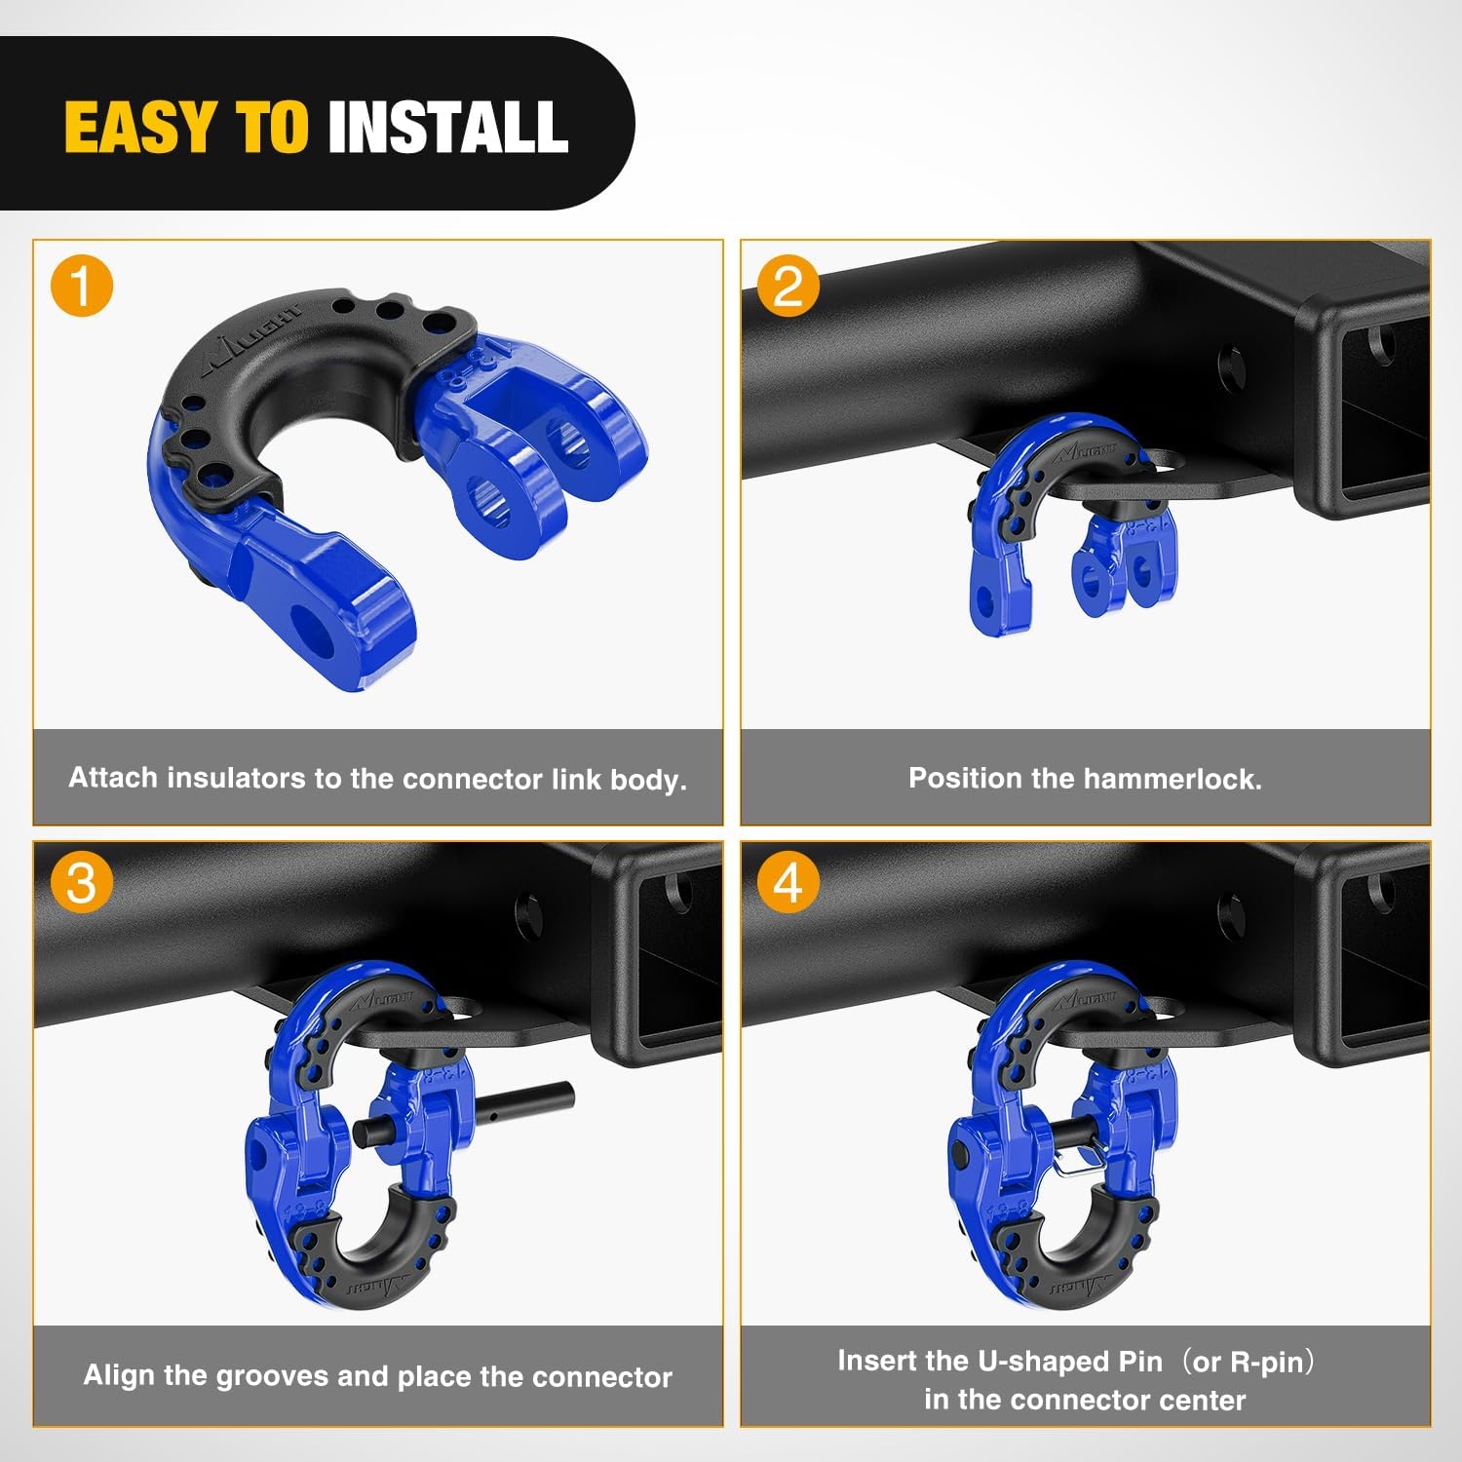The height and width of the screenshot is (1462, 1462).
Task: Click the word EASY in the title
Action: pyautogui.click(x=139, y=128)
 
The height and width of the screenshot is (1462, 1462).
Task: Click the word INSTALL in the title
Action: pyautogui.click(x=447, y=128)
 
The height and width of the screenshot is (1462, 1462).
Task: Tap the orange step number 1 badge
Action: pyautogui.click(x=82, y=287)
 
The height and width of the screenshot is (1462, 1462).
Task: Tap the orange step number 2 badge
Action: pyautogui.click(x=789, y=287)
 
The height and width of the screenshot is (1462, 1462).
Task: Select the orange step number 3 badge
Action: pyautogui.click(x=82, y=883)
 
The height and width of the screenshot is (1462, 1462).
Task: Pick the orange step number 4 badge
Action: pyautogui.click(x=789, y=883)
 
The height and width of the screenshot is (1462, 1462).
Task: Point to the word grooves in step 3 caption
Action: pyautogui.click(x=272, y=1375)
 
